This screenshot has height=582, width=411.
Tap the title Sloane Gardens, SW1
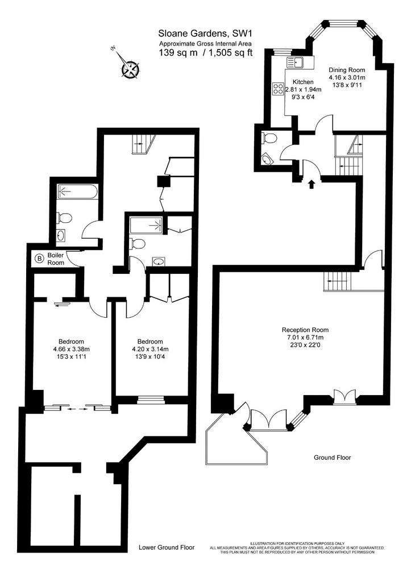point(205,34)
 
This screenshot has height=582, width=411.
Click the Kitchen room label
point(303,82)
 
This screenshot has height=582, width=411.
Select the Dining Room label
point(347,70)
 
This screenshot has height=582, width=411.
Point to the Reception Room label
point(305,330)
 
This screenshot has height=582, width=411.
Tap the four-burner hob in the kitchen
point(278,88)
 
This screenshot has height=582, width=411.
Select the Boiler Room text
point(56,259)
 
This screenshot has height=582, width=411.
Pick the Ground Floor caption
point(333,458)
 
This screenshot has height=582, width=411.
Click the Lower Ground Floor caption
point(167,547)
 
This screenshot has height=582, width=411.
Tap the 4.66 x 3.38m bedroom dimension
point(71,349)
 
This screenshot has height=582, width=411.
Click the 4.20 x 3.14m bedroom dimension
point(150,349)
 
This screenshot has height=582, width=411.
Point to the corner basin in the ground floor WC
point(267,160)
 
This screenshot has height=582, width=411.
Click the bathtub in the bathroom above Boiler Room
point(78,192)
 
